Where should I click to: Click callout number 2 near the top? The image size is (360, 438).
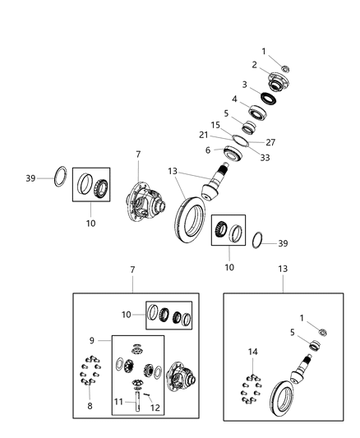[x=254, y=64]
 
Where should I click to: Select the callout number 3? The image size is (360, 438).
[x=244, y=84]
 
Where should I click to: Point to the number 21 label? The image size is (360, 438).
[x=214, y=136]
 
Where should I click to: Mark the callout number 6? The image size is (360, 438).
[x=209, y=150]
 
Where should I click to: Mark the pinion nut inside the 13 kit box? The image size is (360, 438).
[x=323, y=331]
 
